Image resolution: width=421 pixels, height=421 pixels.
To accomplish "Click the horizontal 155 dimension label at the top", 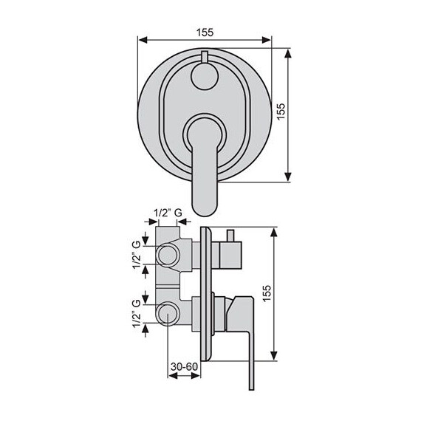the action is coord(205,32).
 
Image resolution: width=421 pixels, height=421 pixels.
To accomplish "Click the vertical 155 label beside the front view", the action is coord(281,112).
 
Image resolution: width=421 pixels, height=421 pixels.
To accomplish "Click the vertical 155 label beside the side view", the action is coord(267,293).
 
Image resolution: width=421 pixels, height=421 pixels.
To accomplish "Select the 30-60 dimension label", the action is coord(184,366).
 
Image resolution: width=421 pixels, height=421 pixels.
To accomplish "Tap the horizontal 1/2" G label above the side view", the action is coord(168,213).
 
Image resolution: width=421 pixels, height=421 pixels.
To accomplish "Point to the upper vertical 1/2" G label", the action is coord(137,255).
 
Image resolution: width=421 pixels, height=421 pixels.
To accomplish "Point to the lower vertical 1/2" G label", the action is coord(137,313).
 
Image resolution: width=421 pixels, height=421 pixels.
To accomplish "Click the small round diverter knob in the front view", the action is coord(204,76).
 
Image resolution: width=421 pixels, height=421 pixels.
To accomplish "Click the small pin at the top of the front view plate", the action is coord(205,57).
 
